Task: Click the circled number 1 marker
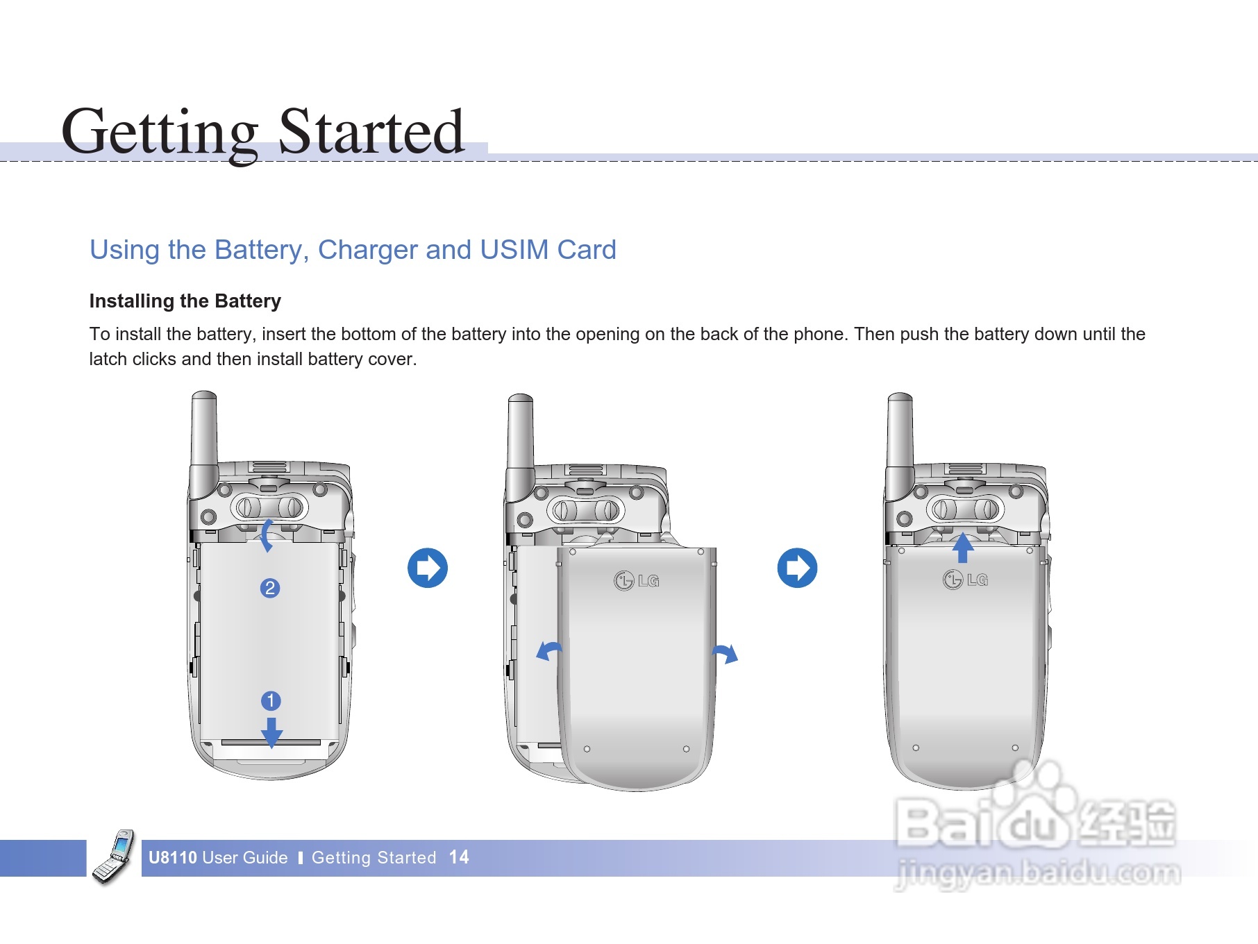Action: (x=271, y=700)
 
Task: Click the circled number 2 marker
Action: (x=270, y=588)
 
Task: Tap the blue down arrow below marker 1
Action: (x=271, y=732)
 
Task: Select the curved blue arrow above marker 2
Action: (x=266, y=535)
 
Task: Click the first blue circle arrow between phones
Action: (x=428, y=568)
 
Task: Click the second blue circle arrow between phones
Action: (x=797, y=568)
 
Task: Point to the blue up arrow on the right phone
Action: (x=963, y=548)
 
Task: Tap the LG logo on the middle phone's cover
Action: (x=636, y=580)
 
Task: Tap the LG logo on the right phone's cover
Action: (x=965, y=578)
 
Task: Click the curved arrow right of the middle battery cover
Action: (x=726, y=652)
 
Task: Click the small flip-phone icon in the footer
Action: (x=114, y=857)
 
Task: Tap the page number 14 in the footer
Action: (x=459, y=857)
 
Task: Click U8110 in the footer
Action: (x=173, y=857)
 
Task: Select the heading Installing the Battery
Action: (x=185, y=301)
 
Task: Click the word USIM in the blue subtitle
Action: (x=514, y=250)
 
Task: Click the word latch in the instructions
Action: (x=108, y=359)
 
